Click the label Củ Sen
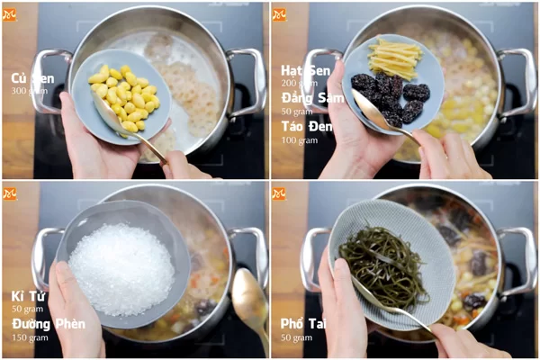tap(31, 78)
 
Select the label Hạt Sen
tap(305, 70)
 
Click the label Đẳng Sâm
tap(310, 97)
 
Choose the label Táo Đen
tap(305, 126)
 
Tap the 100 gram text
tap(298, 139)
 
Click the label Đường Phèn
tap(48, 323)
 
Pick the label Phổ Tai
tap(302, 323)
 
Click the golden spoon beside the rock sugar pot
tap(249, 301)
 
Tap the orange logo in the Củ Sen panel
tap(10, 14)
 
